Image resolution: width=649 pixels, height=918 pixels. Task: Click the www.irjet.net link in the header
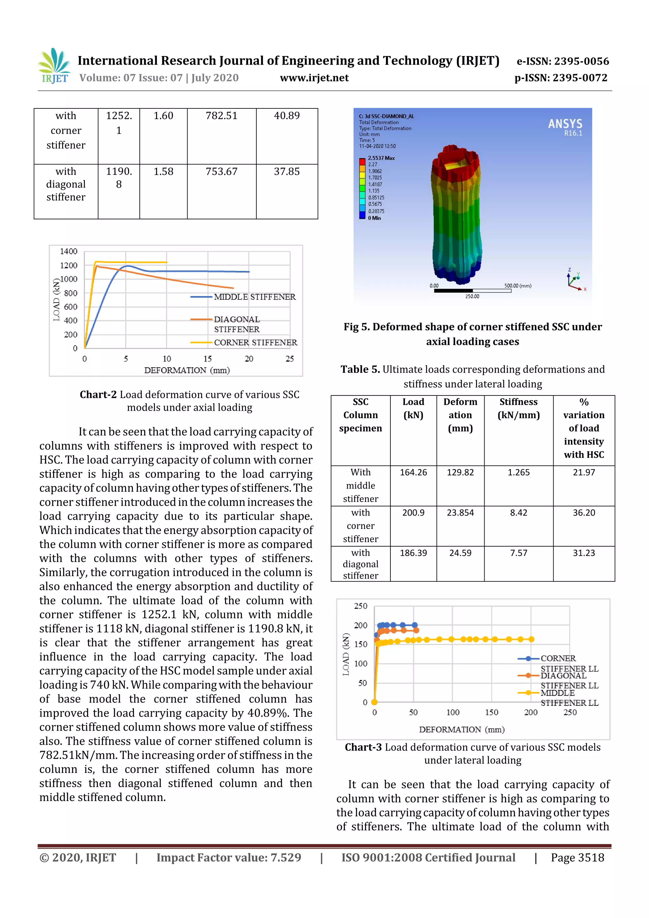(314, 78)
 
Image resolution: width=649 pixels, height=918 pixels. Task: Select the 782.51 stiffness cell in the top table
(221, 116)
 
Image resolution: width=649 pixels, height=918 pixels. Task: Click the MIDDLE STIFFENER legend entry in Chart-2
(254, 297)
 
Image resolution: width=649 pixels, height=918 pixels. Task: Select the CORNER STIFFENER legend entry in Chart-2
(255, 343)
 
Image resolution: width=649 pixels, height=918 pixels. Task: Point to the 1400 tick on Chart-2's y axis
(68, 252)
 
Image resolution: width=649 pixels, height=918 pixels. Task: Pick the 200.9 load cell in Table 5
(413, 513)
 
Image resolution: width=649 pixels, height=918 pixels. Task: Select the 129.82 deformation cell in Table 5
(460, 472)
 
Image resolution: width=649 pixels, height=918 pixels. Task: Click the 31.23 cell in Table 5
(583, 553)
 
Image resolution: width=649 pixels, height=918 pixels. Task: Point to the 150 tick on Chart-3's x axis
(492, 712)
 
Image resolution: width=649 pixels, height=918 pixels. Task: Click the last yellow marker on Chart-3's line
(531, 639)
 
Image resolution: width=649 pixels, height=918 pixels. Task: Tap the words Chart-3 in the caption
(363, 747)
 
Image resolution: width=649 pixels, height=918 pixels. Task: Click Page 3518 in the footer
(577, 857)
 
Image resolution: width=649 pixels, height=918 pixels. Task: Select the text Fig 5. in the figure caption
(357, 327)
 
